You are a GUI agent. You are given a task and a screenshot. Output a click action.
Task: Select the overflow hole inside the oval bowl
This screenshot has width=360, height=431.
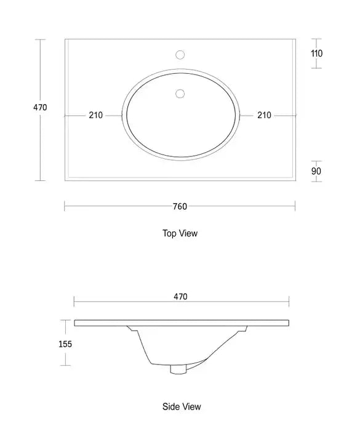[x=180, y=94]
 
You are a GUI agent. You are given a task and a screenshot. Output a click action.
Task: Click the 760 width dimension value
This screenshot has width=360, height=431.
[x=180, y=207]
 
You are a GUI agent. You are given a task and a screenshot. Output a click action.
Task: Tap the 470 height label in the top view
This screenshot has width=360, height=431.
[x=40, y=108]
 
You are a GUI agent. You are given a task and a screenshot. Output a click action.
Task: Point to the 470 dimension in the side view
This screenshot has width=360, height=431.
[x=180, y=297]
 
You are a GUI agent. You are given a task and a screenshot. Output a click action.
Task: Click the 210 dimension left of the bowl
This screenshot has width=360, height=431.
[x=96, y=115]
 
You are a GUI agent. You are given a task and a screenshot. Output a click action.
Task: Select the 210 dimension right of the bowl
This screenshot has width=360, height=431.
[x=265, y=115]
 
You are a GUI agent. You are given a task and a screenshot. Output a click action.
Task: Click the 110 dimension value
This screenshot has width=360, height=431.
[x=316, y=54]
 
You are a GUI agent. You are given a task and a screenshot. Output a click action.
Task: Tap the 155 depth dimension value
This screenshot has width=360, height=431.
[x=65, y=344]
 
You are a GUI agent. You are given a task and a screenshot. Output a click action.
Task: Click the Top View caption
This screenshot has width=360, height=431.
[x=180, y=233]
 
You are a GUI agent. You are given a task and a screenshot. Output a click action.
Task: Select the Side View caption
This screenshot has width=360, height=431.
[x=182, y=407]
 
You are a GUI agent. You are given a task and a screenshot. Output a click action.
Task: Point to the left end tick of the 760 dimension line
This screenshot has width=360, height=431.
[x=65, y=207]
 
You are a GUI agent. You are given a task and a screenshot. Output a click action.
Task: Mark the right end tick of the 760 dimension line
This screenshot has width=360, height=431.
[x=295, y=207]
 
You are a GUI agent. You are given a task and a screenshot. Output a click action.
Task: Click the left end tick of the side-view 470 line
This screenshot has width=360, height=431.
[x=74, y=301]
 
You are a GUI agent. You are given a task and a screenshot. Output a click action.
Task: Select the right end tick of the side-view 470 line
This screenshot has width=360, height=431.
[x=289, y=301]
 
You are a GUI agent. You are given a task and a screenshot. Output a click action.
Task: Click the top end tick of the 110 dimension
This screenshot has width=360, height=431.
[x=316, y=39]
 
